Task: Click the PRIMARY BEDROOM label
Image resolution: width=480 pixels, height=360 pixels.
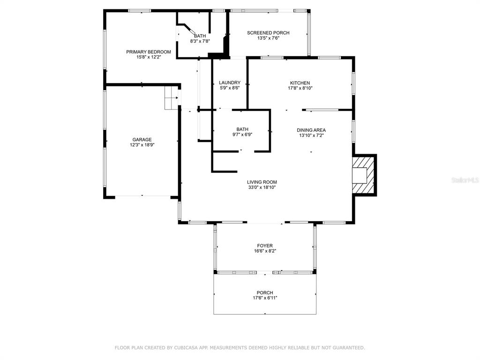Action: (149, 52)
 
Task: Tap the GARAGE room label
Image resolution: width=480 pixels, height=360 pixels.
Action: (142, 140)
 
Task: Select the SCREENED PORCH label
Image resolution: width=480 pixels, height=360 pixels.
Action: (268, 33)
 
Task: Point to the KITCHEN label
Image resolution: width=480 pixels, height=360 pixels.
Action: (300, 83)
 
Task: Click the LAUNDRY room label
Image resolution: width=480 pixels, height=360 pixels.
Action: (230, 82)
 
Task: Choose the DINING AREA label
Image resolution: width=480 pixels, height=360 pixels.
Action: (311, 130)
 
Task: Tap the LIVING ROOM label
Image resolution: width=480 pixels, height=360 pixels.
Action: (262, 182)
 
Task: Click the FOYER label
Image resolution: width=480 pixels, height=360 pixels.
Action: (265, 246)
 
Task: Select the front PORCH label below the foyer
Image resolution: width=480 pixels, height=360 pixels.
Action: (265, 292)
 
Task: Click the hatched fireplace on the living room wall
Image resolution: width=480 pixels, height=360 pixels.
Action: (364, 175)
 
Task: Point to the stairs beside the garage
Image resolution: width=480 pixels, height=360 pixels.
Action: (171, 97)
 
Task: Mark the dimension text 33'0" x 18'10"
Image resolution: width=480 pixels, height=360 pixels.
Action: (262, 187)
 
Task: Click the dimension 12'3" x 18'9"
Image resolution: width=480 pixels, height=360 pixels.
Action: (142, 145)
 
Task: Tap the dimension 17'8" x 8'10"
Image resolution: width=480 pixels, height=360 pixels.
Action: (300, 88)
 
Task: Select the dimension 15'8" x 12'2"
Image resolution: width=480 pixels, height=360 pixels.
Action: (149, 57)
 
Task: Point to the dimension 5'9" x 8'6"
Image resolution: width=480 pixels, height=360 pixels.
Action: (230, 88)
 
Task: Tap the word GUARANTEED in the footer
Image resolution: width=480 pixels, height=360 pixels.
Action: (349, 348)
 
